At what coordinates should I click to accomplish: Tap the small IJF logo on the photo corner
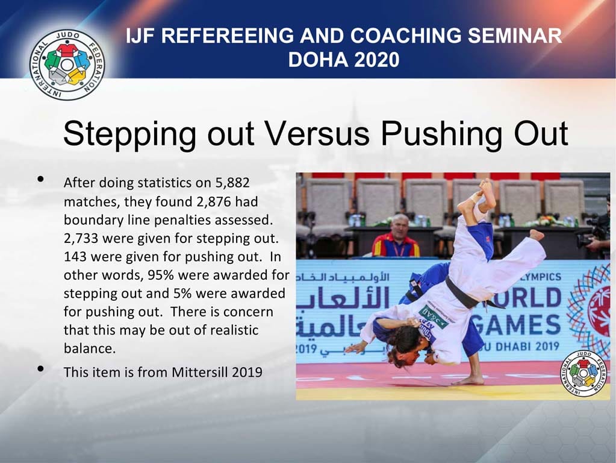coord(582,373)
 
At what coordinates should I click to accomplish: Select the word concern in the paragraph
coord(248,312)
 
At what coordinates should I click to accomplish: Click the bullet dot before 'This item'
coord(40,369)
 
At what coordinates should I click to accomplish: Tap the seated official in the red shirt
coord(396,238)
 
